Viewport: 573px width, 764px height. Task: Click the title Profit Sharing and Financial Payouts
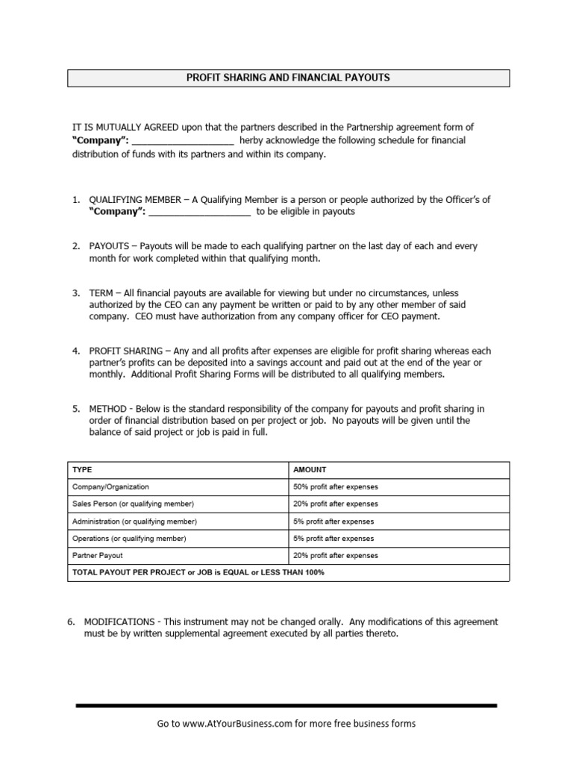tap(288, 78)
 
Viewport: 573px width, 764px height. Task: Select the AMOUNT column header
tap(310, 470)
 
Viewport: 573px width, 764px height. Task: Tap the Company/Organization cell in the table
tap(110, 487)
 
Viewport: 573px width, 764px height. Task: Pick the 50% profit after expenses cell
tap(336, 487)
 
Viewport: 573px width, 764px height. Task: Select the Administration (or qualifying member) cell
tap(134, 522)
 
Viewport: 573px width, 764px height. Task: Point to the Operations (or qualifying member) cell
tap(129, 539)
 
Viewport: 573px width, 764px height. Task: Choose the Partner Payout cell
tap(98, 556)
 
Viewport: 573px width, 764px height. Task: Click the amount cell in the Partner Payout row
tap(336, 556)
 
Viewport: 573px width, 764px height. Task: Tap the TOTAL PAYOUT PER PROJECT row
tap(198, 573)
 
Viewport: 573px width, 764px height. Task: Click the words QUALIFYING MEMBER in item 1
tap(134, 200)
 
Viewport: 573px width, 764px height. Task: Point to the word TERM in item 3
tap(102, 292)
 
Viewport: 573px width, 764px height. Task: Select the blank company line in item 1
tap(199, 213)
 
